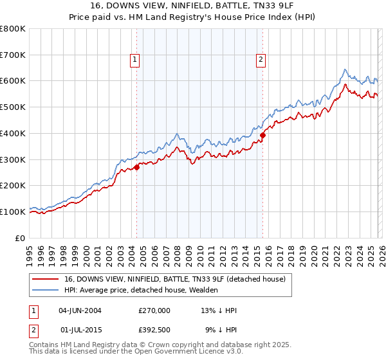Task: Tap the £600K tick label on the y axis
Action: [x=13, y=81]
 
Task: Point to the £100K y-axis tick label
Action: [x=13, y=212]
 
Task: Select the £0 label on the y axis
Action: [x=21, y=238]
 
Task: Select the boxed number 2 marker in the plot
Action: [x=261, y=60]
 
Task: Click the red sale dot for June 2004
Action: [x=136, y=167]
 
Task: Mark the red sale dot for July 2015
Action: [x=262, y=135]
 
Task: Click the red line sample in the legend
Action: [x=46, y=278]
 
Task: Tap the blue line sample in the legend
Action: [x=46, y=290]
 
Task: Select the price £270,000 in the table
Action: [x=154, y=310]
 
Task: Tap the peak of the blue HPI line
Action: [x=345, y=69]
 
